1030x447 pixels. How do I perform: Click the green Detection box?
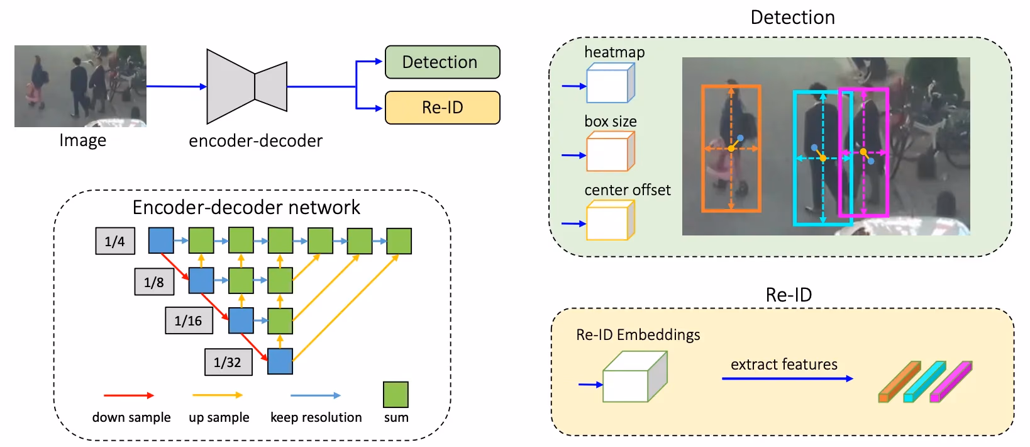pyautogui.click(x=442, y=62)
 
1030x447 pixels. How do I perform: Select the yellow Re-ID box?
pyautogui.click(x=442, y=108)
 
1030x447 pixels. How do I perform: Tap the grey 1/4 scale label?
pyautogui.click(x=115, y=240)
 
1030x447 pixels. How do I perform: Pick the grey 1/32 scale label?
pyautogui.click(x=228, y=362)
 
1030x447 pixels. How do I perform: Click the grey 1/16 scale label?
pyautogui.click(x=189, y=320)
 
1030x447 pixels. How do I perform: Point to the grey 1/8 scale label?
pyautogui.click(x=154, y=281)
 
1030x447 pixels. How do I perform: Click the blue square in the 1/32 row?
pyautogui.click(x=280, y=361)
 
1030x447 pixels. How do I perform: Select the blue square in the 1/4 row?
pyautogui.click(x=161, y=240)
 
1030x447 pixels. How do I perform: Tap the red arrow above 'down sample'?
pyautogui.click(x=129, y=395)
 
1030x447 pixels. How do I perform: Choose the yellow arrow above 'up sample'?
pyautogui.click(x=217, y=395)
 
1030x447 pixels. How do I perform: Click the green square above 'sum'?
pyautogui.click(x=396, y=395)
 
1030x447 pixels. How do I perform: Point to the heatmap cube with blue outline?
pyautogui.click(x=610, y=83)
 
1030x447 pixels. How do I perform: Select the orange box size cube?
pyautogui.click(x=610, y=152)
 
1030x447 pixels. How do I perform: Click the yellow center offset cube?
pyautogui.click(x=610, y=220)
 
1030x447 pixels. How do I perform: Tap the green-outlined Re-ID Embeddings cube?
pyautogui.click(x=635, y=376)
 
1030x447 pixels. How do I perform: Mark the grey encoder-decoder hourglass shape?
pyautogui.click(x=247, y=86)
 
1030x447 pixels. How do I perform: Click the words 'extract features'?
pyautogui.click(x=784, y=364)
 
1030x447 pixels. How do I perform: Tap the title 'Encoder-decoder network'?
pyautogui.click(x=246, y=207)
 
